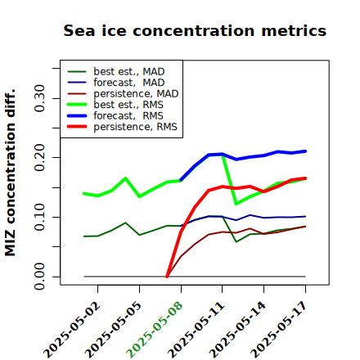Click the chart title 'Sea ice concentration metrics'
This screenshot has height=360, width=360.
click(x=195, y=30)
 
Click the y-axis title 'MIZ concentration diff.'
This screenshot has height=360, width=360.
click(x=10, y=173)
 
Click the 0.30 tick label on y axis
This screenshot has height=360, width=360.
click(x=39, y=98)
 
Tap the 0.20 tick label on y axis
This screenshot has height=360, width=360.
click(x=39, y=157)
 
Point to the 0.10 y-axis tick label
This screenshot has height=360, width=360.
click(x=39, y=217)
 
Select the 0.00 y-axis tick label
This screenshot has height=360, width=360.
click(x=39, y=277)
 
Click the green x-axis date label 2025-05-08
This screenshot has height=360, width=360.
click(x=155, y=330)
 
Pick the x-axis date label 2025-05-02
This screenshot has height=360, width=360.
click(x=72, y=330)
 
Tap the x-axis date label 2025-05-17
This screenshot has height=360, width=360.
click(x=279, y=330)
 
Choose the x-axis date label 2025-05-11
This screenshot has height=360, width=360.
click(x=196, y=330)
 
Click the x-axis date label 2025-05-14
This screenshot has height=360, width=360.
click(x=237, y=330)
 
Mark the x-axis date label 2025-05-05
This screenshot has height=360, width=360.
click(x=113, y=330)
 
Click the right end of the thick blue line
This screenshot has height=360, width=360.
click(x=305, y=151)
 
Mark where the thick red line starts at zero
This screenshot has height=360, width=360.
click(x=167, y=277)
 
